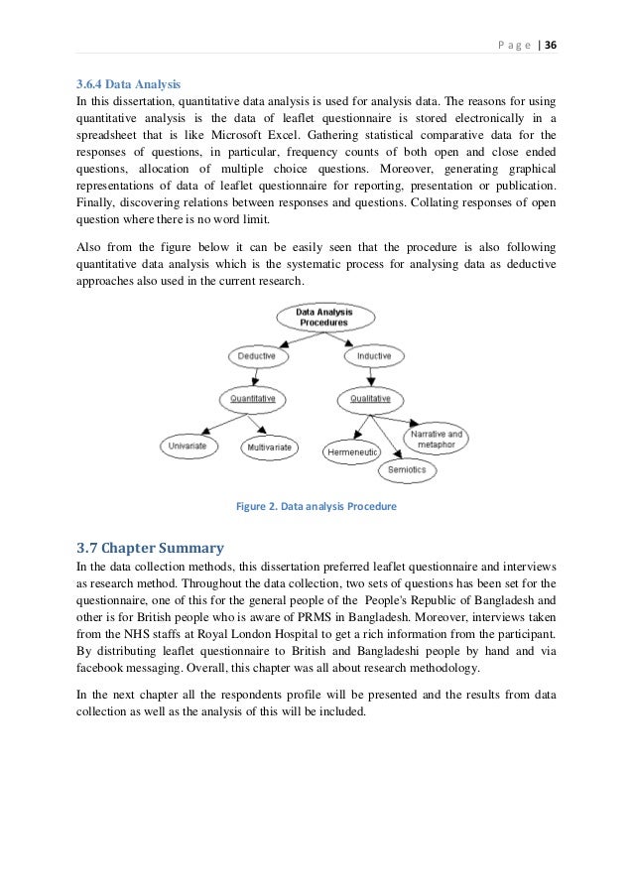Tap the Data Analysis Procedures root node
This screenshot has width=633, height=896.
pos(322,318)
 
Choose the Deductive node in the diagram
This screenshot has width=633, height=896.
pos(258,355)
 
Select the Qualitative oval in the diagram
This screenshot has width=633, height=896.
pos(370,399)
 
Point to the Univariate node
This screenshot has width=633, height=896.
pos(190,448)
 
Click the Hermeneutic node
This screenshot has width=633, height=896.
pos(350,452)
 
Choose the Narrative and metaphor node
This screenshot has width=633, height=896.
pos(436,439)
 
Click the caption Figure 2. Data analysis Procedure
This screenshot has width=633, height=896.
pos(316,506)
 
